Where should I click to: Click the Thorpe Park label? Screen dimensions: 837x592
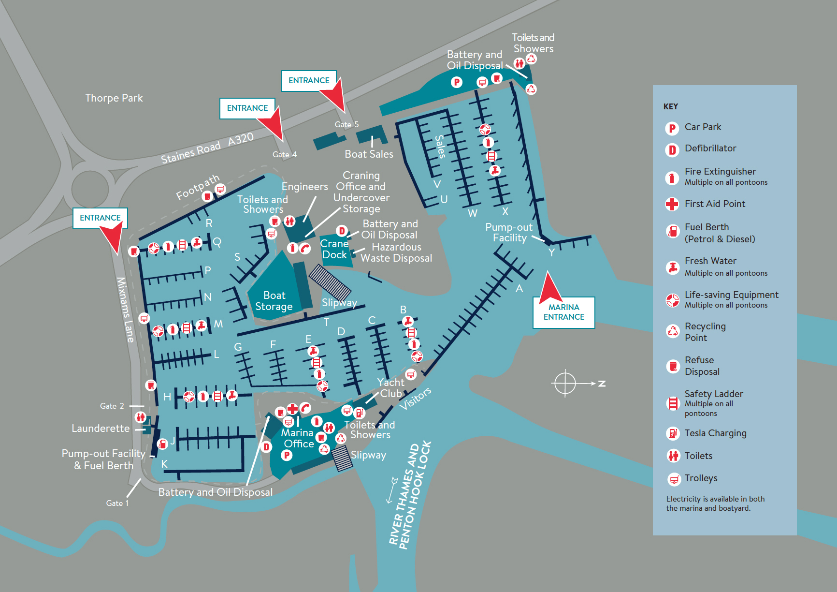click(x=114, y=98)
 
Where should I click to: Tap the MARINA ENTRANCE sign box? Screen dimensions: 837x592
click(x=564, y=312)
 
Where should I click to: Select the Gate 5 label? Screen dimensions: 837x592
click(x=347, y=125)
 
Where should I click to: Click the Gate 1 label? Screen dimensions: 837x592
click(x=117, y=503)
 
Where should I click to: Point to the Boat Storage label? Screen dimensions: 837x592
click(x=274, y=301)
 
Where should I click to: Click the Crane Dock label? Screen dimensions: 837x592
click(x=334, y=249)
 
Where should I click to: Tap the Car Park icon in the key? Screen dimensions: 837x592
click(x=672, y=128)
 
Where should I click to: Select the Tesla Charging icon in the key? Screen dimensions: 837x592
click(x=673, y=433)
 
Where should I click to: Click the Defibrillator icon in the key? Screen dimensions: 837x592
click(x=672, y=150)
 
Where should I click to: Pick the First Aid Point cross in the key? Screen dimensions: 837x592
click(x=672, y=204)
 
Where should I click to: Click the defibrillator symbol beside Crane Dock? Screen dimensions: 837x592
click(x=342, y=231)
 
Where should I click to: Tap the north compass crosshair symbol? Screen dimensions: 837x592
click(x=565, y=384)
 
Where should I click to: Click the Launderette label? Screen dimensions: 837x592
click(x=101, y=429)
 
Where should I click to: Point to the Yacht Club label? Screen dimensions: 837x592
click(x=390, y=388)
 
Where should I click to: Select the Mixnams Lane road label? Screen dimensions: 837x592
click(x=125, y=310)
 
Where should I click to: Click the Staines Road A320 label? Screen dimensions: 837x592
click(x=207, y=148)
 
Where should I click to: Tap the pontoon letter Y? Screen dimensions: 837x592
click(x=551, y=252)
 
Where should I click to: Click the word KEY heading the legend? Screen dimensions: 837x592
click(x=671, y=106)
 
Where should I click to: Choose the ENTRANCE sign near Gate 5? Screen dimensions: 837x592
click(x=309, y=81)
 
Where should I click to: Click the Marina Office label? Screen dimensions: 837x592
click(x=298, y=438)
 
